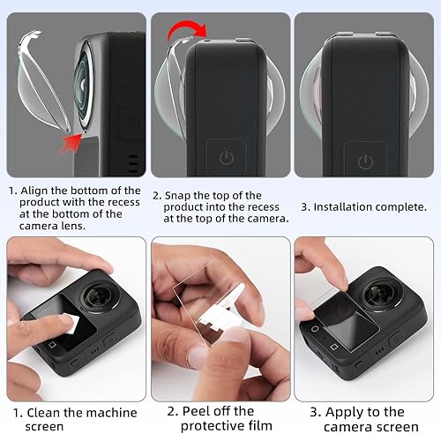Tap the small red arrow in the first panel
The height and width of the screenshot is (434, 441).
click(x=69, y=137)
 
